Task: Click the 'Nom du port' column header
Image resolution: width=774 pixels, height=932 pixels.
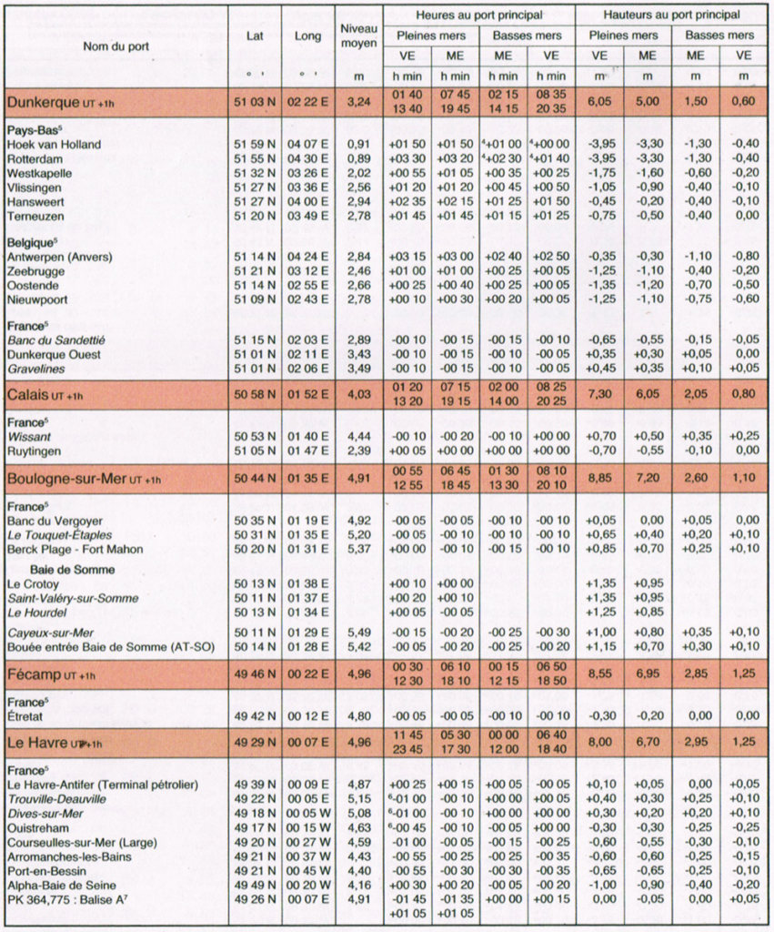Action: [116, 46]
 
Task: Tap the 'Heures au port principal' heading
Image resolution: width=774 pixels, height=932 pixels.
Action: [478, 15]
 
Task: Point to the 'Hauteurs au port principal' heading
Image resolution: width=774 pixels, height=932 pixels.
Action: [671, 15]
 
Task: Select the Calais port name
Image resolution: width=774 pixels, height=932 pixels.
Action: [30, 395]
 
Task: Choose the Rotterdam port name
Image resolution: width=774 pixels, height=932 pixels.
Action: [34, 158]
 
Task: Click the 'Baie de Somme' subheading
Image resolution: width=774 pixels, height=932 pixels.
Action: [60, 570]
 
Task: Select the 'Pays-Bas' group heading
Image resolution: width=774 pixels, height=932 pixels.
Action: [32, 130]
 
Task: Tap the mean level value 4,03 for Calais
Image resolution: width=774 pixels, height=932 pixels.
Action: [358, 395]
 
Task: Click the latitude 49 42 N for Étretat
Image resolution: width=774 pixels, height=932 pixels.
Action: [255, 716]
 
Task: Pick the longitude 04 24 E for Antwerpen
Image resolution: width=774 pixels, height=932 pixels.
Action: [307, 258]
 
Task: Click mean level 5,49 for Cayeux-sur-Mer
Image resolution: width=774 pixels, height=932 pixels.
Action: [358, 633]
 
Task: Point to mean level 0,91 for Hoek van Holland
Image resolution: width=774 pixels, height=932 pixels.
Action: [358, 144]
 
